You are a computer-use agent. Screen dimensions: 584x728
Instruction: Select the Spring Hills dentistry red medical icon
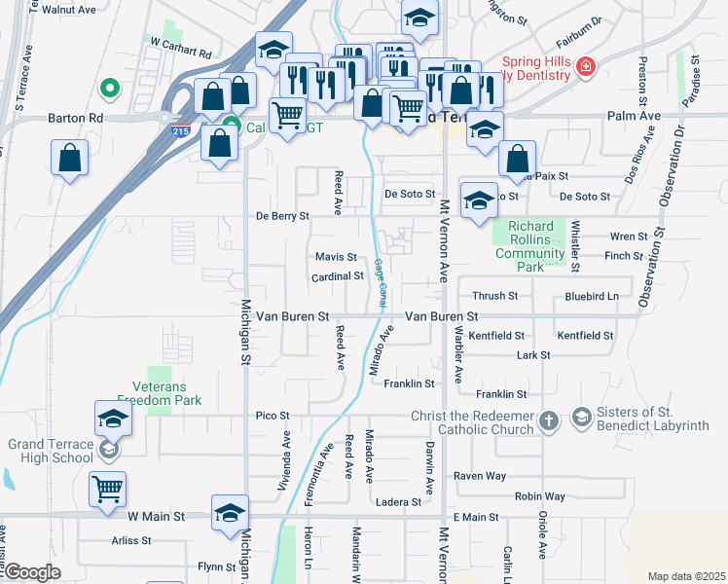click(x=586, y=67)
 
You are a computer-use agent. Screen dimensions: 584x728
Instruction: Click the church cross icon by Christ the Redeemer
click(x=549, y=420)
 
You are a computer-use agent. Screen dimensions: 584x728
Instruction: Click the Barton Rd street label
click(x=75, y=118)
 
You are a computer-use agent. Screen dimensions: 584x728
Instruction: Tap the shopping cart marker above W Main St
click(x=107, y=490)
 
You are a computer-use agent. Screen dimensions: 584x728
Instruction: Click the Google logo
click(x=31, y=572)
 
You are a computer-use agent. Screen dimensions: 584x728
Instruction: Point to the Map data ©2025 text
click(x=686, y=576)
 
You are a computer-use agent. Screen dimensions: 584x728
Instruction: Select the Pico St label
click(x=273, y=416)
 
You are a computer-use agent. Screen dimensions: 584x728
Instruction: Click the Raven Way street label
click(x=481, y=476)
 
